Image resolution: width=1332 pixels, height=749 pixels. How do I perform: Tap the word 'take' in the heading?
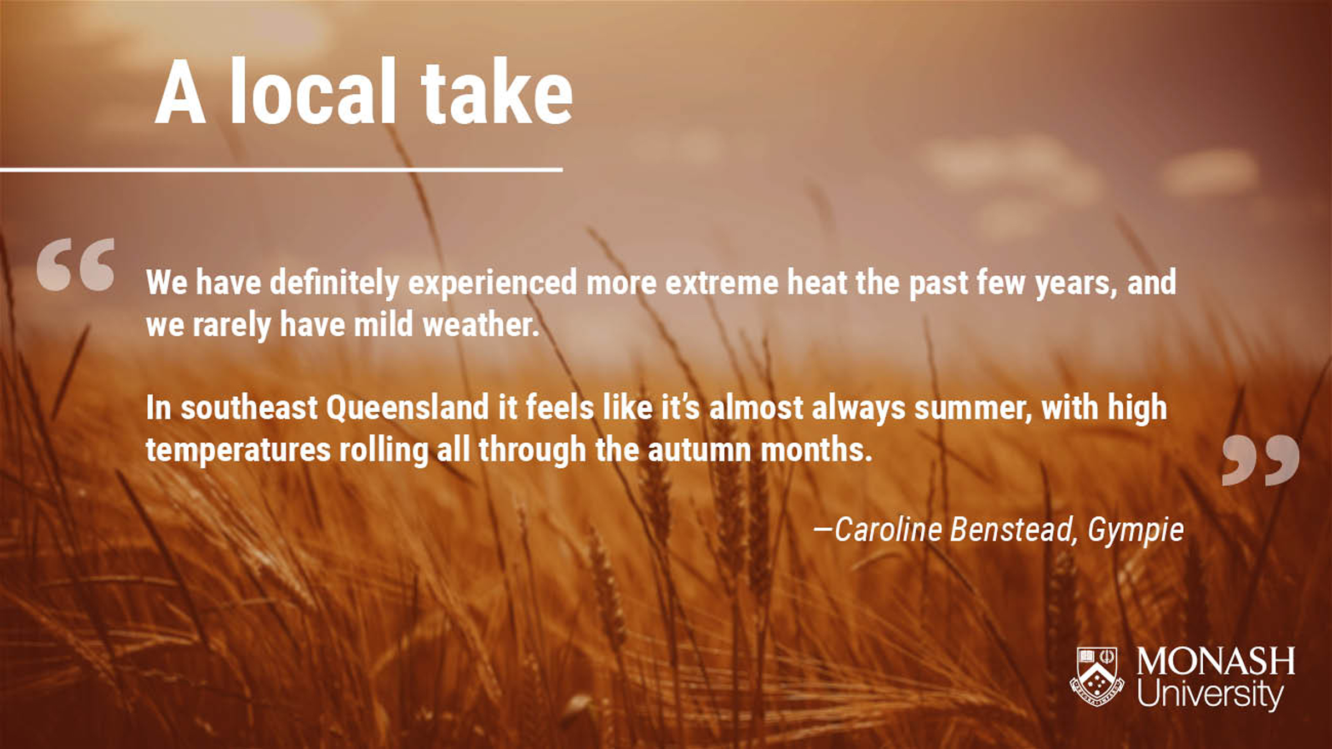497,91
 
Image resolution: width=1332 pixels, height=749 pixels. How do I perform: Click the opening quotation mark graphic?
76,265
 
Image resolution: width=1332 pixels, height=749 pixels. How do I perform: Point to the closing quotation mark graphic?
1260,460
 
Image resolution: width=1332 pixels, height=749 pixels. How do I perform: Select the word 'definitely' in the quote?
334,283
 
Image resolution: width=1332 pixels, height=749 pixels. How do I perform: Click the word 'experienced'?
493,283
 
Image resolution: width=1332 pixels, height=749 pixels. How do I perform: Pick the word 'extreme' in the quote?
722,283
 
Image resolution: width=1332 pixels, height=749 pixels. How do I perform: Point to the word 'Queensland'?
407,408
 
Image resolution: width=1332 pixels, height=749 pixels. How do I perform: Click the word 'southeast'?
249,408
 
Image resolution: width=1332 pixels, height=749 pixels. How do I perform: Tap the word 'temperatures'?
238,451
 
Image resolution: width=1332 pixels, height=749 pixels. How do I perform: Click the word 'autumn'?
699,450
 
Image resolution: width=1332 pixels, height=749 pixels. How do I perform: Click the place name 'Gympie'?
1136,530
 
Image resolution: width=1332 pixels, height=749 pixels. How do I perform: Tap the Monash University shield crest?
1097,677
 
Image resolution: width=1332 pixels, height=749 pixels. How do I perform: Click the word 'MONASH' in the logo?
1215,661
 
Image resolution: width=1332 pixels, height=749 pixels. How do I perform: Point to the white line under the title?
281,169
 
